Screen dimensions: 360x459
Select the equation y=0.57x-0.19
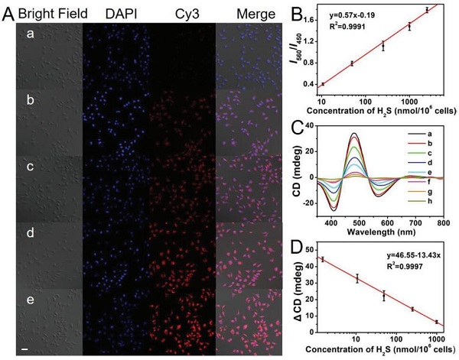point(335,15)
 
